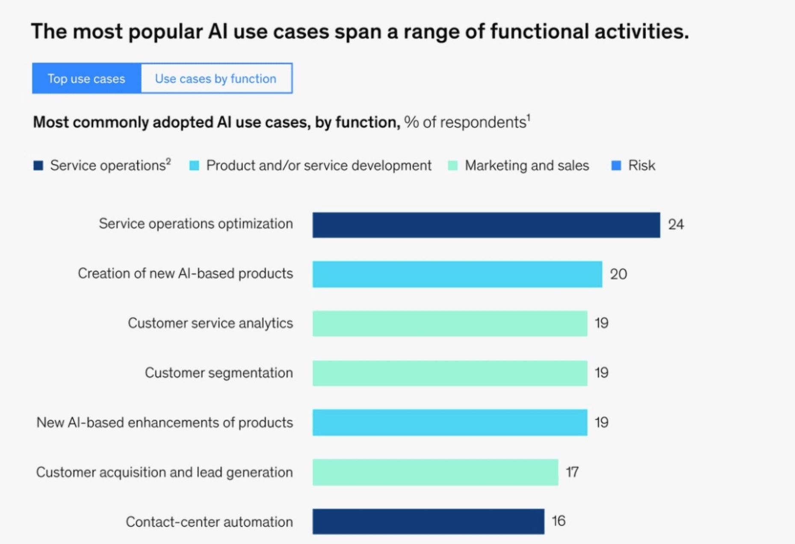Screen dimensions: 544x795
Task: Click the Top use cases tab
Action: (x=86, y=79)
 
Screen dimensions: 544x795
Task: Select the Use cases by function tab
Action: (x=216, y=79)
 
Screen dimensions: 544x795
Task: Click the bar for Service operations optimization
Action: (x=486, y=225)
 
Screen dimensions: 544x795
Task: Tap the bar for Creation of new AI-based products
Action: (x=457, y=274)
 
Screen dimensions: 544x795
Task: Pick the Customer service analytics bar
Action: (x=449, y=323)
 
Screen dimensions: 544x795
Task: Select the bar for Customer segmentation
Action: (x=449, y=373)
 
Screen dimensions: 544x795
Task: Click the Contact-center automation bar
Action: (x=428, y=521)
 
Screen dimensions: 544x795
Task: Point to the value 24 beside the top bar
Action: (x=676, y=225)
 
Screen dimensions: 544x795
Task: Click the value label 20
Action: (x=618, y=274)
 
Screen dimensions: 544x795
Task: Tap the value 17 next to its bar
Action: (x=572, y=472)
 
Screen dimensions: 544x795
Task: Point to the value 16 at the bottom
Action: (x=559, y=521)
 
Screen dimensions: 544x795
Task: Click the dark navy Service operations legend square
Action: (x=38, y=166)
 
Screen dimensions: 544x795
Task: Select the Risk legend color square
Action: (x=616, y=166)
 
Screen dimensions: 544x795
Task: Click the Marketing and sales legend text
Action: (x=526, y=166)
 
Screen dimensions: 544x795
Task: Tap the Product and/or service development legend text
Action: (x=319, y=166)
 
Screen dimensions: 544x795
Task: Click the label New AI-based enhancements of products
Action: (x=165, y=423)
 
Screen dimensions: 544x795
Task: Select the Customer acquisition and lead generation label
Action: (x=165, y=472)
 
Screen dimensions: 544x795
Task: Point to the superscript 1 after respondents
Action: (x=529, y=117)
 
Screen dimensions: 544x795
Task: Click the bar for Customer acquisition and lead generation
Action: (x=435, y=472)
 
